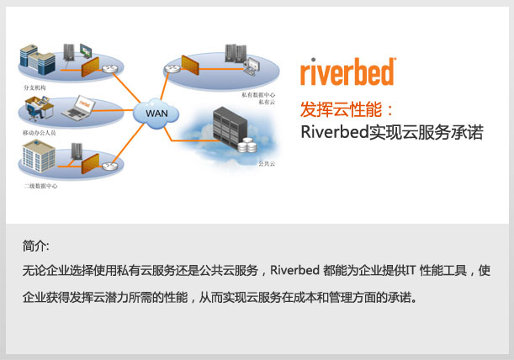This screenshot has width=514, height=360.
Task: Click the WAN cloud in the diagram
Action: [156, 112]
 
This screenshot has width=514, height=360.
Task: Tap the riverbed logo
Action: [347, 71]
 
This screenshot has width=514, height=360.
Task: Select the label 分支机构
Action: [36, 87]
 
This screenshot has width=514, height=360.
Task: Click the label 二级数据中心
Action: [40, 183]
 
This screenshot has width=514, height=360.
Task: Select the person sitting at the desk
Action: [34, 110]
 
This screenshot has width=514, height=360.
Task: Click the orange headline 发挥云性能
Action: [347, 109]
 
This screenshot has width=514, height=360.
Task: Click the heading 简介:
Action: [36, 246]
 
